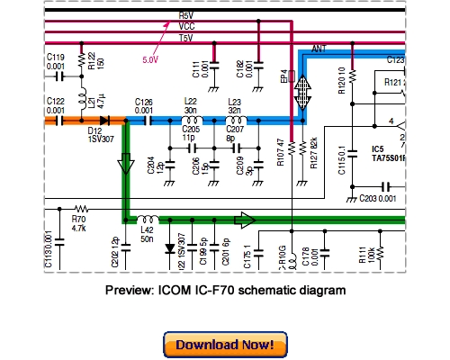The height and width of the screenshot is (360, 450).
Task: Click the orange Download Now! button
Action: coord(225,345)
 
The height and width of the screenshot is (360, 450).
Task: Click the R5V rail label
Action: coord(186,16)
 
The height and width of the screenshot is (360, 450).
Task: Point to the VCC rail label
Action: coord(186,27)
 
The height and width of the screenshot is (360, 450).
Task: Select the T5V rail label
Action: coord(186,39)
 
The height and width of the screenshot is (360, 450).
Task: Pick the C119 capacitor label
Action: coord(55,56)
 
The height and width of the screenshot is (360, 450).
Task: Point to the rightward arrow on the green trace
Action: coord(244,219)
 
